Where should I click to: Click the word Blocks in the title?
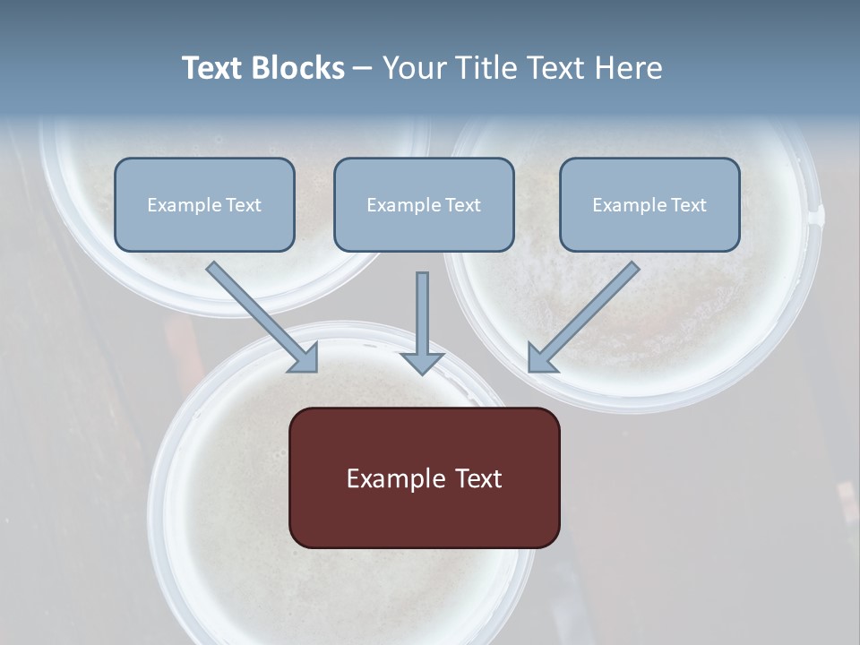tap(298, 68)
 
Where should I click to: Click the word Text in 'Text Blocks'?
tap(213, 68)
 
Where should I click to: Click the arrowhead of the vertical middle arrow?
tap(422, 362)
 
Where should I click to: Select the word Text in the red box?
tap(477, 478)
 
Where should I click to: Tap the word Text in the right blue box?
tap(688, 205)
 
